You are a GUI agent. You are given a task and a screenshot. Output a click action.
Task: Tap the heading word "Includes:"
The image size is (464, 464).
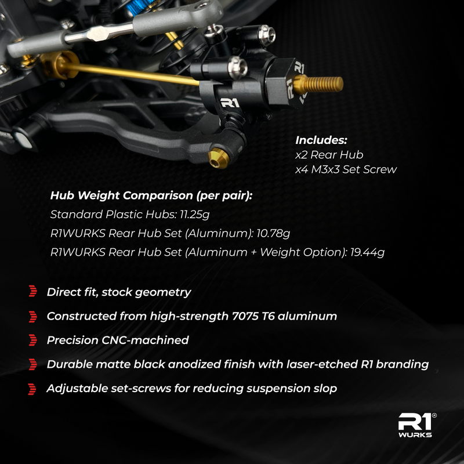321,140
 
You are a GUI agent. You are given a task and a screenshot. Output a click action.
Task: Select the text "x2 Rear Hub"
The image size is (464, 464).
329,155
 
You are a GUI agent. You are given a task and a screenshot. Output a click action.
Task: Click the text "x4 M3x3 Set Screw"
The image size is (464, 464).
346,169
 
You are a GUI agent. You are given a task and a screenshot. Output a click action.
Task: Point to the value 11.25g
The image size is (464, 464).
194,215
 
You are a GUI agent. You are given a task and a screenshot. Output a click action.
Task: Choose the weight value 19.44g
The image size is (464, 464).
367,252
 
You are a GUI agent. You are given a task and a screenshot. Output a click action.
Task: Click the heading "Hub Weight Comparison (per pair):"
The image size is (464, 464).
151,195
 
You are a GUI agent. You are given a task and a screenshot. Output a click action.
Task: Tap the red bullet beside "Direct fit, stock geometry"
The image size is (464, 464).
33,292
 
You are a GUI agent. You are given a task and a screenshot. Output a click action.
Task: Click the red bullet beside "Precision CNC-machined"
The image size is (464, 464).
33,340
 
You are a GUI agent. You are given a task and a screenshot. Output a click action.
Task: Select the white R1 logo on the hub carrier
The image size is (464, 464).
229,103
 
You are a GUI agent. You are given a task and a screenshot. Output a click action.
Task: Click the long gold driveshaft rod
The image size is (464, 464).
128,71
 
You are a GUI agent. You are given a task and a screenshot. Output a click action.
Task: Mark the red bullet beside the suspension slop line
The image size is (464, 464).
33,389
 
